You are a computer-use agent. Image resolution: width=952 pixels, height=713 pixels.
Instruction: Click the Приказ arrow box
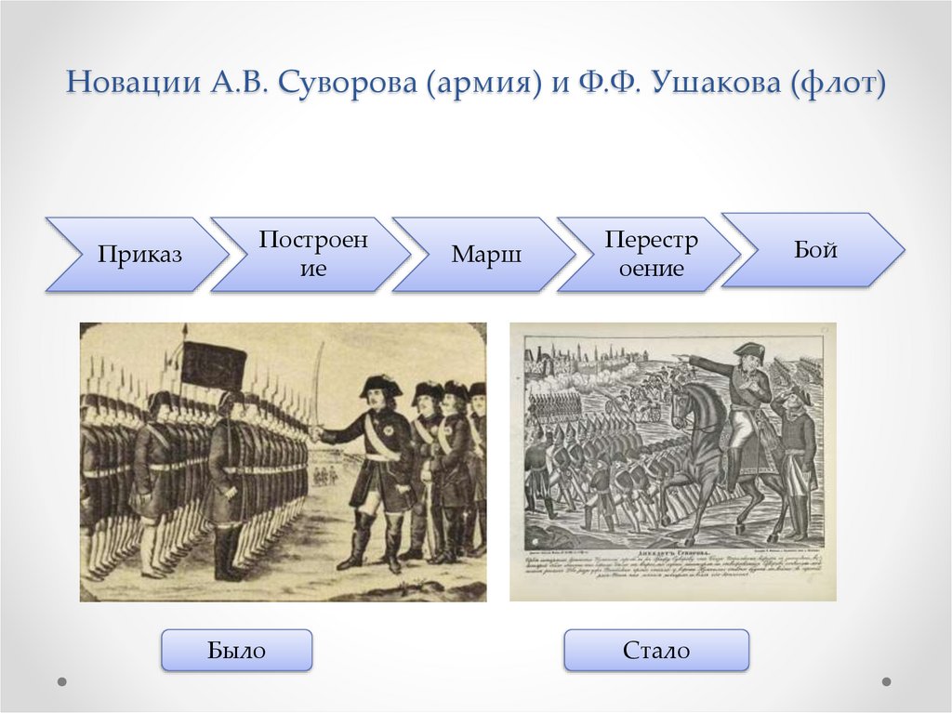click(x=135, y=255)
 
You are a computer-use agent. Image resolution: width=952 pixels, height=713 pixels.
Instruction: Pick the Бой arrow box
click(x=813, y=249)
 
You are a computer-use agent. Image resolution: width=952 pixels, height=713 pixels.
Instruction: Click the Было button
click(x=236, y=650)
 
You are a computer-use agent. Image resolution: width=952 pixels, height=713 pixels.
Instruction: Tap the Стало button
click(x=656, y=650)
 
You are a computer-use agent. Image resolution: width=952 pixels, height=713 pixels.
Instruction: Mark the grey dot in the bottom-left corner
click(x=62, y=681)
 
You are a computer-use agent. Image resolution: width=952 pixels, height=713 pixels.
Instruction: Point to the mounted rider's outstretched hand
click(x=685, y=357)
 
